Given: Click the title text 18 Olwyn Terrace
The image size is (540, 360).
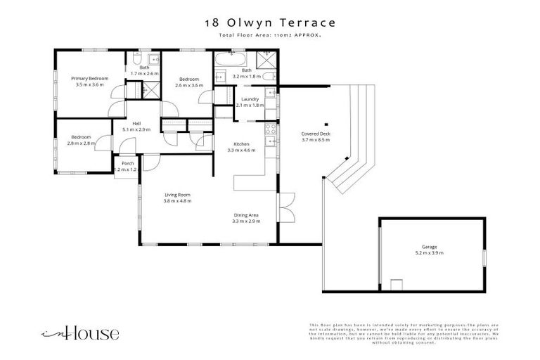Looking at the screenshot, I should point(270,22).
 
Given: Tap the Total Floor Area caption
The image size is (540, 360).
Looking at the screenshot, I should point(270,34).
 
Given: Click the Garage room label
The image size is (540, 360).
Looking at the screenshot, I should point(430,247).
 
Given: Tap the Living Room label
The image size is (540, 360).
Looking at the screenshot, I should point(177,195).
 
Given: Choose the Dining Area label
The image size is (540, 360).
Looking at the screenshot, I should point(246,215).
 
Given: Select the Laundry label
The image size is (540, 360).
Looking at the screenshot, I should point(250,99).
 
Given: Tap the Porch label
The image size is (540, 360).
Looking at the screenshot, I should point(128,163).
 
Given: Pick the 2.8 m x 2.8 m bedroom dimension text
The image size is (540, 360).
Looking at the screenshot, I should point(81,143).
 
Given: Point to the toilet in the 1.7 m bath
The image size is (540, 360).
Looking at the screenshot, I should point(137,58).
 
